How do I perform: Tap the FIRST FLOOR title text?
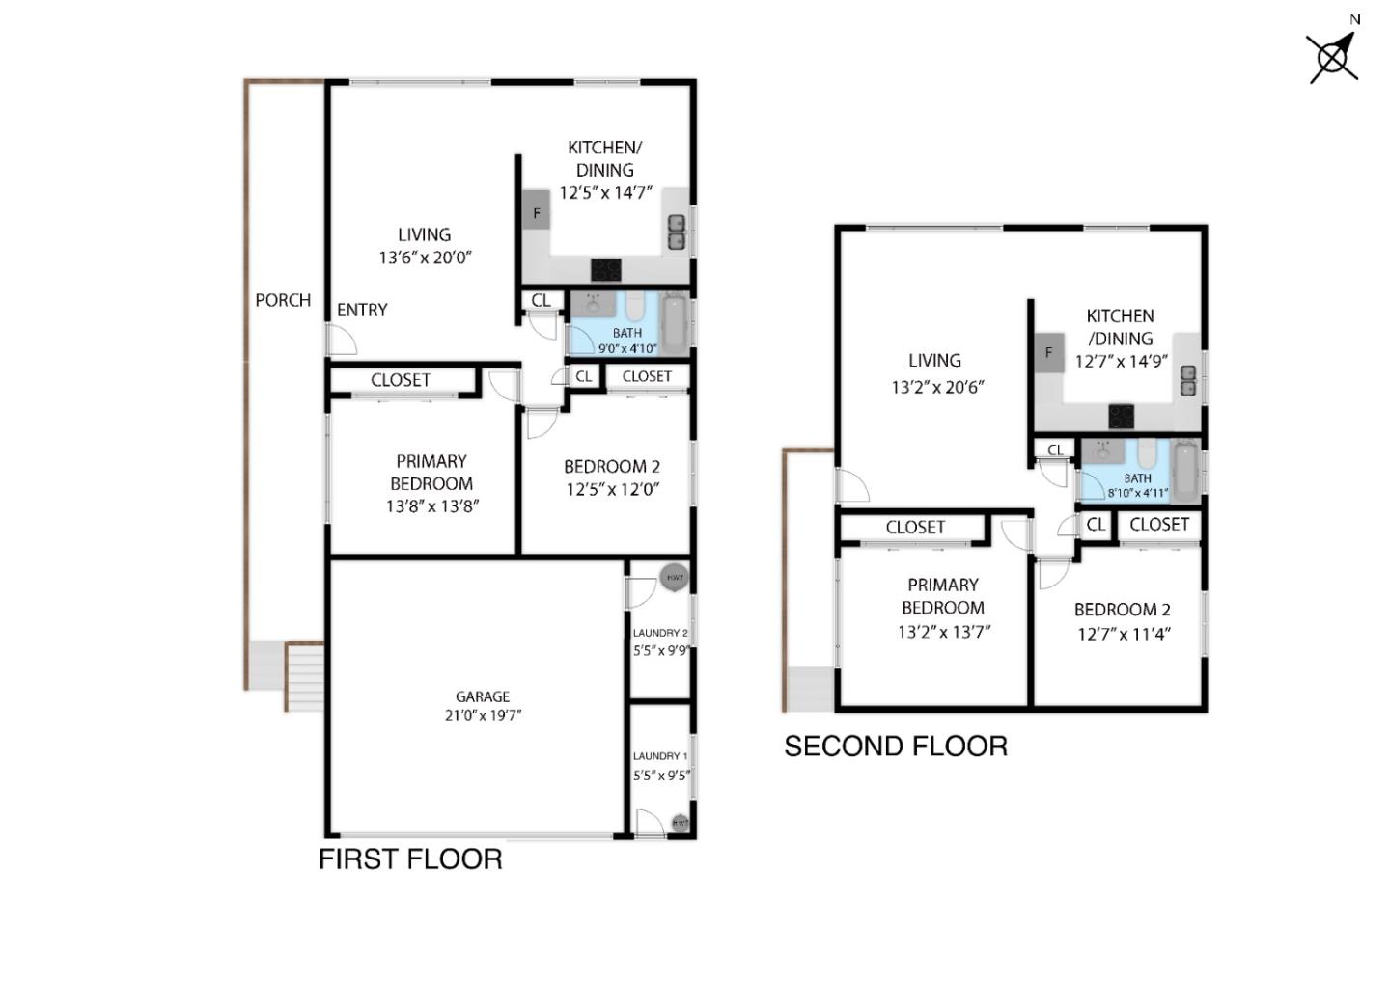410,859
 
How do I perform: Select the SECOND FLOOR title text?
895,747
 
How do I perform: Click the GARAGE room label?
483,696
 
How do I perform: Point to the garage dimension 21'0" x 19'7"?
483,716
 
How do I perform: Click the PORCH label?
283,300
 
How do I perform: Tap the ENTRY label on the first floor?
362,310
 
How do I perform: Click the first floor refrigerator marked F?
537,211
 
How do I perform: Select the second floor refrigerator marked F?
1048,353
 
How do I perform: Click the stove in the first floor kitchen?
606,269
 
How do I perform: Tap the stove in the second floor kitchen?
1121,416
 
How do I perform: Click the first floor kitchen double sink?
677,232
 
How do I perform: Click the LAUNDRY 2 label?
660,633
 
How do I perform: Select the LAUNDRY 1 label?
660,756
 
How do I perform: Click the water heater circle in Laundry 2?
674,578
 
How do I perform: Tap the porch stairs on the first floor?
304,677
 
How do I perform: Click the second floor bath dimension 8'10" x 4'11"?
1138,493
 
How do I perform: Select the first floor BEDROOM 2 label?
612,467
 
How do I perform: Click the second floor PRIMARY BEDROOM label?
943,596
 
